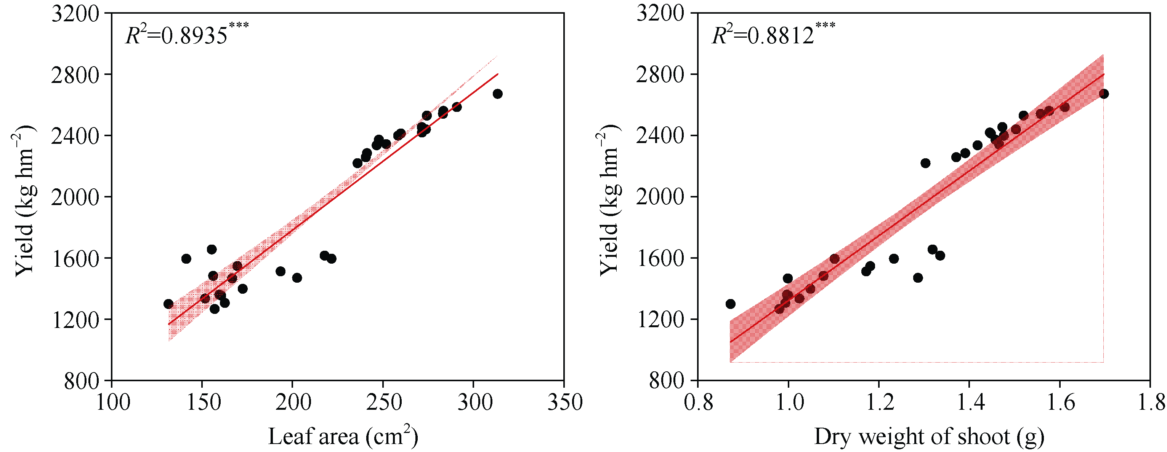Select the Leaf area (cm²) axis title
(343, 436)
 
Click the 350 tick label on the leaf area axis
(564, 402)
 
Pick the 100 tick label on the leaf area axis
(113, 402)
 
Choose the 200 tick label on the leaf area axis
(293, 402)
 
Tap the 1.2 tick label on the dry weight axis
(879, 402)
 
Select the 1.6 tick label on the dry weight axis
(1060, 402)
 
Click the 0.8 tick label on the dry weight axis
(699, 402)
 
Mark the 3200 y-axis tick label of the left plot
(75, 14)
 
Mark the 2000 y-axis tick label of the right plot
(660, 197)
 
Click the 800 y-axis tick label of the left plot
(82, 381)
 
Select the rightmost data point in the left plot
(497, 94)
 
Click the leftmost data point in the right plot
(730, 304)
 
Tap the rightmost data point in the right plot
(1104, 94)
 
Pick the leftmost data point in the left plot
(168, 304)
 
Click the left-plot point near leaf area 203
(297, 277)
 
